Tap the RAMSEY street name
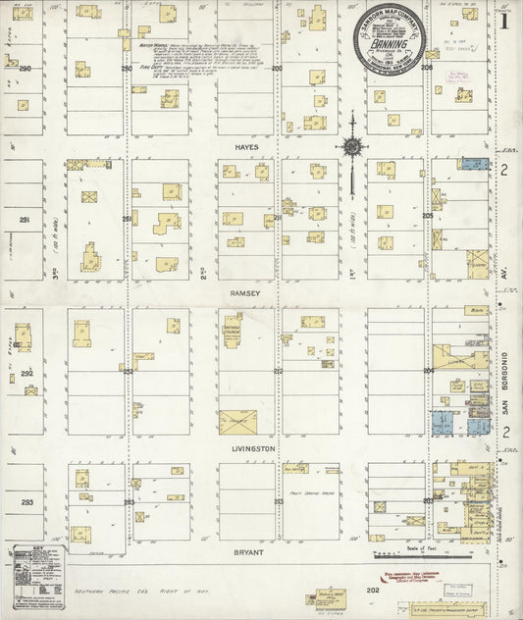coord(244,292)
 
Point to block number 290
coord(26,69)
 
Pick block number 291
coord(26,220)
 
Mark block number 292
coord(26,373)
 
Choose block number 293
coord(26,501)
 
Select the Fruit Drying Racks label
coord(306,493)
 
